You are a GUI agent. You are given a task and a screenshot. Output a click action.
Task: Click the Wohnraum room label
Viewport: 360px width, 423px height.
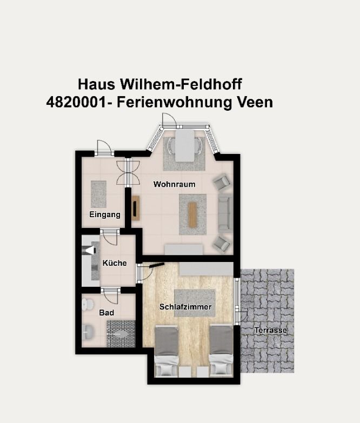pos(174,185)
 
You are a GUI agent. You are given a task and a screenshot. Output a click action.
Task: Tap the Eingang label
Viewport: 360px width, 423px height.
pos(105,215)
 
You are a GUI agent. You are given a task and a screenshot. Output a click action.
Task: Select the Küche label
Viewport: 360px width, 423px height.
pos(115,264)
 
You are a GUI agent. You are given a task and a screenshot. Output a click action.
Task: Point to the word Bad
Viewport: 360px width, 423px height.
pos(106,313)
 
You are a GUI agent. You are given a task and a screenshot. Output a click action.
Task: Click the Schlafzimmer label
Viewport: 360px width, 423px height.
pos(185,307)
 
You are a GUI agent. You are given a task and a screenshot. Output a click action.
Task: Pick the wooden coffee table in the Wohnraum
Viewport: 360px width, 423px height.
pos(192,213)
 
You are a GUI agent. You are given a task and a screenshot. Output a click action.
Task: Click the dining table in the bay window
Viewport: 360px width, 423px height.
pos(185,144)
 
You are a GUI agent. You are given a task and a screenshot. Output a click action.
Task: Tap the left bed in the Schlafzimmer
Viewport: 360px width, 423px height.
pos(166,350)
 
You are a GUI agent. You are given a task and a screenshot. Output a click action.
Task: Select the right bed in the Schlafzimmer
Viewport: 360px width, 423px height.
pos(221,350)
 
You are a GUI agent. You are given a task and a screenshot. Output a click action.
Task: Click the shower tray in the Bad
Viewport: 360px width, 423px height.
pos(121,333)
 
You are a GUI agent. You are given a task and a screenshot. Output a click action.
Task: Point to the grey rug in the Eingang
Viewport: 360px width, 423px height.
pos(98,193)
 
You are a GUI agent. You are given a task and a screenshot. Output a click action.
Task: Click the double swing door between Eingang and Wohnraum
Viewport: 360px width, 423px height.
pos(128,172)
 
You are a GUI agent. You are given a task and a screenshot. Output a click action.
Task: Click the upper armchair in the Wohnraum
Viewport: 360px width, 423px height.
pos(221,184)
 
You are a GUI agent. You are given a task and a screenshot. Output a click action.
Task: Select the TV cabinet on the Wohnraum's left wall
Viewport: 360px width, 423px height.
pos(136,208)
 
